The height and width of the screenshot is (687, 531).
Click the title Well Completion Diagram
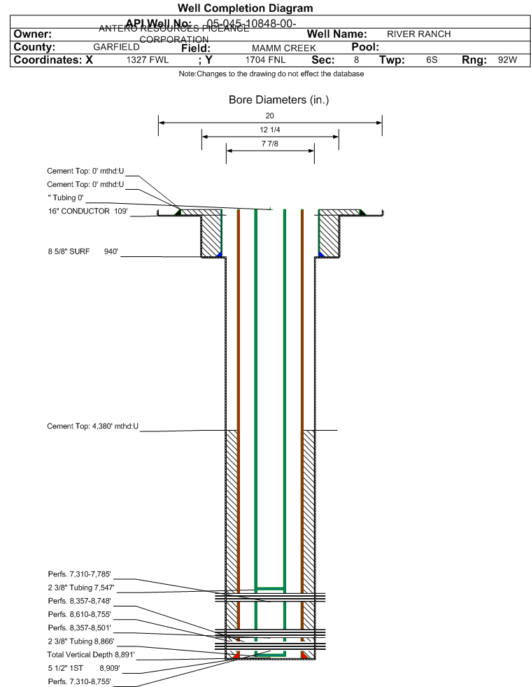coord(245,8)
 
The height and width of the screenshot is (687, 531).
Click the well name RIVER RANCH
coord(418,34)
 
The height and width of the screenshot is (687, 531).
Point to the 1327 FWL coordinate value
coord(147,60)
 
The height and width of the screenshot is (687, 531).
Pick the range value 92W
coord(507,60)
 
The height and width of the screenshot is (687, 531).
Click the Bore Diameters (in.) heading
coord(278,100)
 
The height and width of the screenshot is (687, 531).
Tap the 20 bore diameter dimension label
coord(270,116)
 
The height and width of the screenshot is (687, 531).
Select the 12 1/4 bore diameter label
coord(270,130)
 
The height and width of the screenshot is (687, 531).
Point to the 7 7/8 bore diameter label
coord(270,144)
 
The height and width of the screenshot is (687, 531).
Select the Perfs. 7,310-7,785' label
coord(80,574)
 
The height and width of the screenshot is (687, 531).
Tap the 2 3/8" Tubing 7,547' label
coord(81,588)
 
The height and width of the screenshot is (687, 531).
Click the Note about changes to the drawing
coord(271,74)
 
